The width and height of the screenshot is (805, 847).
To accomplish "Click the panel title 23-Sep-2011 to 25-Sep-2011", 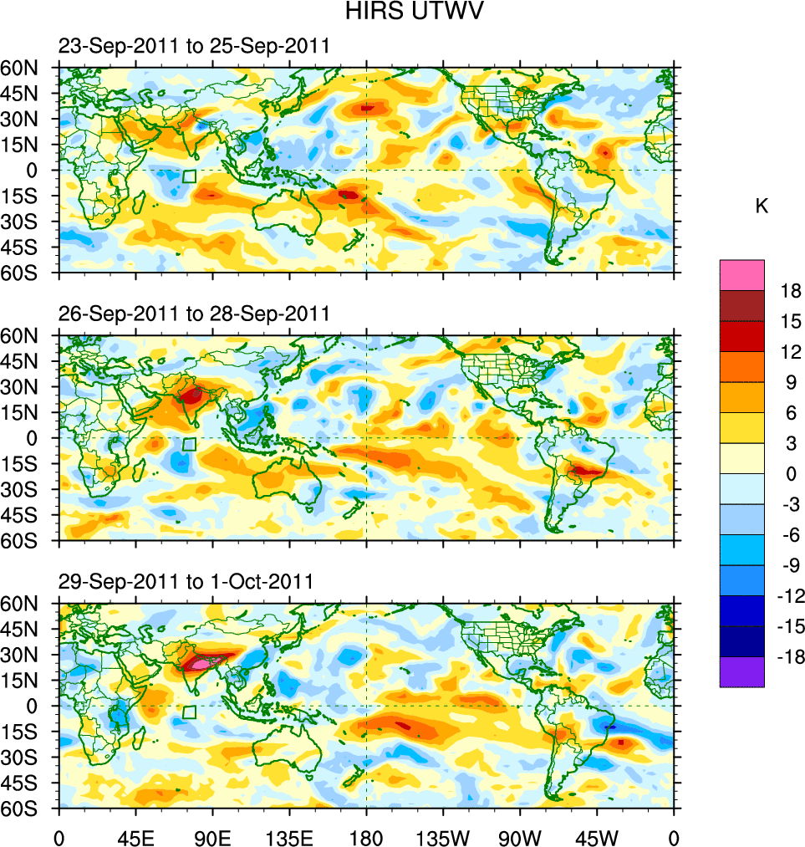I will tap(193, 46).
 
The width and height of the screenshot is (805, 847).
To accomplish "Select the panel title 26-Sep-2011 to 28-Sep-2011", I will tap(193, 314).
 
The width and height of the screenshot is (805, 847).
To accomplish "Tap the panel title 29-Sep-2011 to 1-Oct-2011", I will tap(186, 581).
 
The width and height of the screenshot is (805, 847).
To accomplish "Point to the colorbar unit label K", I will tap(762, 207).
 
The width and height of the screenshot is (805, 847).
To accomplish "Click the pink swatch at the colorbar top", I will tap(741, 274).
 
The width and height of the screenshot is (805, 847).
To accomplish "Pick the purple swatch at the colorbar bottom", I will tap(741, 671).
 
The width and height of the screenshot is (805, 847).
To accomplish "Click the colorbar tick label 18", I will tap(791, 291).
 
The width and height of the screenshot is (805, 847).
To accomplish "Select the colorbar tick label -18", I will tap(788, 657).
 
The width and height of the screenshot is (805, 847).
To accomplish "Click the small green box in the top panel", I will tap(189, 176).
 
